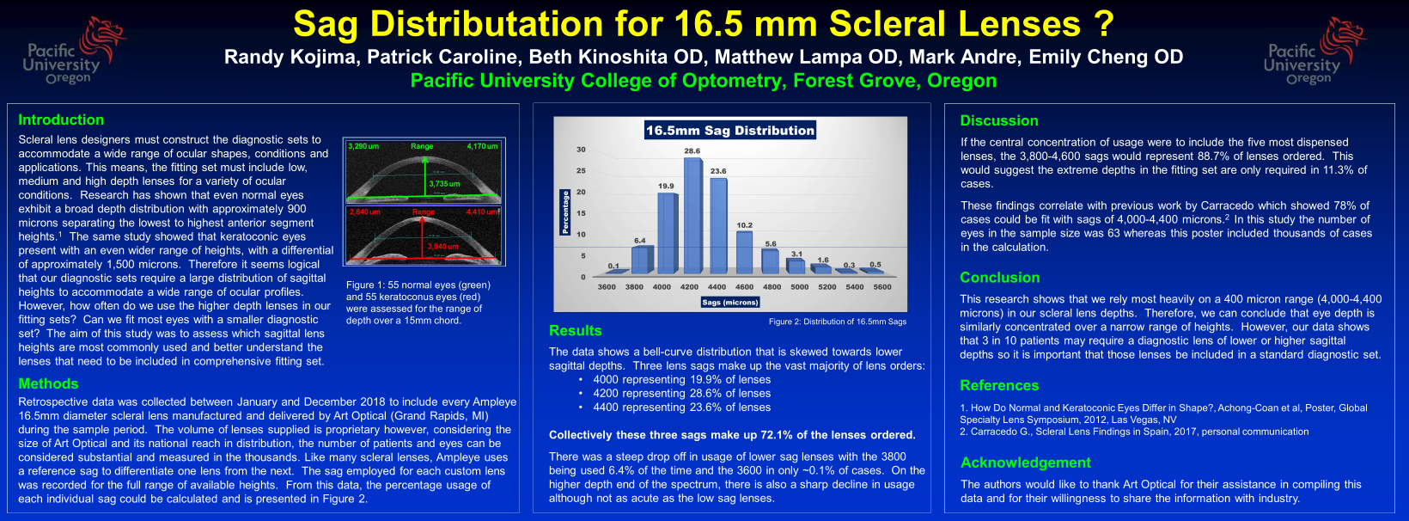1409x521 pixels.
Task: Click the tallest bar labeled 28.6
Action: (692, 215)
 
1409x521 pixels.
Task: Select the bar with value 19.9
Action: (667, 232)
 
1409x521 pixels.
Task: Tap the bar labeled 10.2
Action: (744, 252)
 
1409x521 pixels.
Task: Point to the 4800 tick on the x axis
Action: (772, 287)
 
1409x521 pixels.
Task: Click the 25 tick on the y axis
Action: (582, 170)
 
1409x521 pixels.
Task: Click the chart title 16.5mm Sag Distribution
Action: (730, 131)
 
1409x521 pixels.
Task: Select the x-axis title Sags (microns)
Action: (730, 303)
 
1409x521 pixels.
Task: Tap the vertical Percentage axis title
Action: (564, 211)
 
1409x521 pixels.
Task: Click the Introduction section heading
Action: (61, 120)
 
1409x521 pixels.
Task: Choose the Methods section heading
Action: (48, 384)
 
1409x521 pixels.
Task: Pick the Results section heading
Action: (576, 331)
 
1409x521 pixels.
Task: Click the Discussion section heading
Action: (999, 121)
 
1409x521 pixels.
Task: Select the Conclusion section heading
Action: (1000, 278)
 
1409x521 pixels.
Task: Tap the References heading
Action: (999, 386)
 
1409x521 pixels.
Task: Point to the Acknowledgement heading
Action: (1026, 463)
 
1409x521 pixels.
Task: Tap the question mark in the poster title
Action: (1105, 24)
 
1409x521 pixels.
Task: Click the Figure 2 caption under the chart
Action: (838, 322)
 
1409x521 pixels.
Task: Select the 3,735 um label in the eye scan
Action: (444, 184)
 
